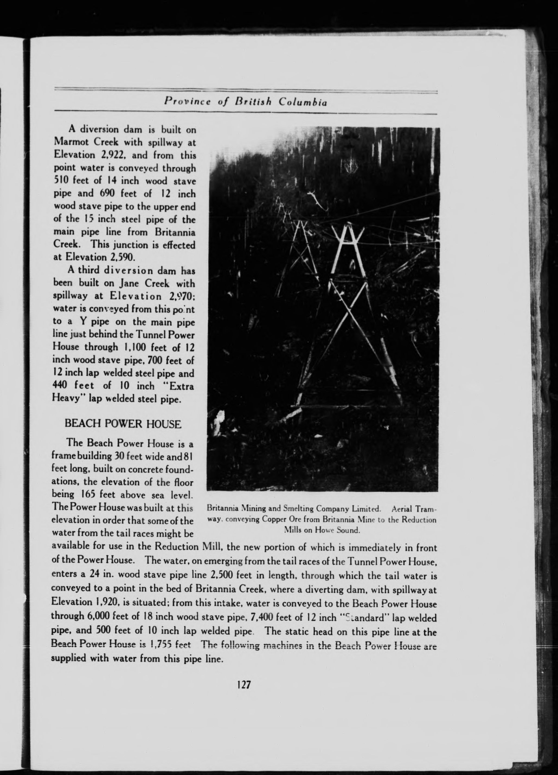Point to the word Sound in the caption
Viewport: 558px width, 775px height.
coord(348,530)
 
